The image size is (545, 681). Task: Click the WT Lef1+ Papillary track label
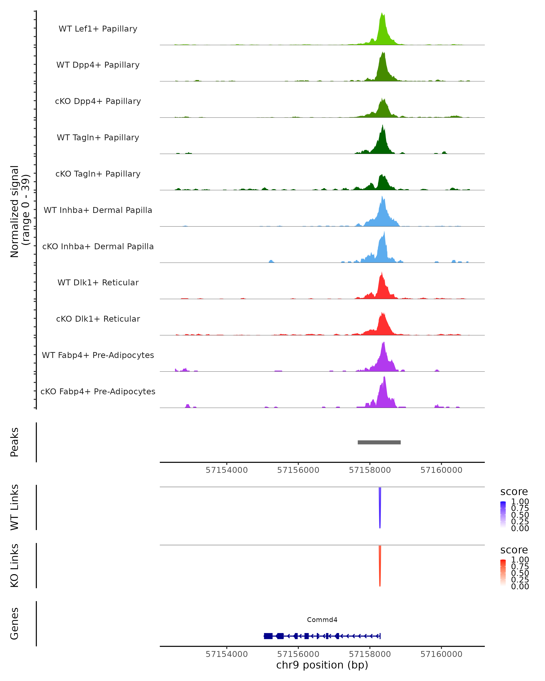click(x=98, y=29)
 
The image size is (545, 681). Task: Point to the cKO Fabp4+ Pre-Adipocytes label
click(x=98, y=391)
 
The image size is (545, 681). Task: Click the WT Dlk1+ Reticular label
click(x=98, y=282)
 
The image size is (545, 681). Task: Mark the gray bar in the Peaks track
click(x=379, y=442)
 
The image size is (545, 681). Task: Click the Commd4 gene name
click(x=322, y=620)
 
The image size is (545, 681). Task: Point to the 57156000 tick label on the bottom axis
click(x=298, y=654)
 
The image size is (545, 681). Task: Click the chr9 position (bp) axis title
click(x=322, y=665)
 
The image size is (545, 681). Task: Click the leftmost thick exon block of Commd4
click(x=268, y=636)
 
